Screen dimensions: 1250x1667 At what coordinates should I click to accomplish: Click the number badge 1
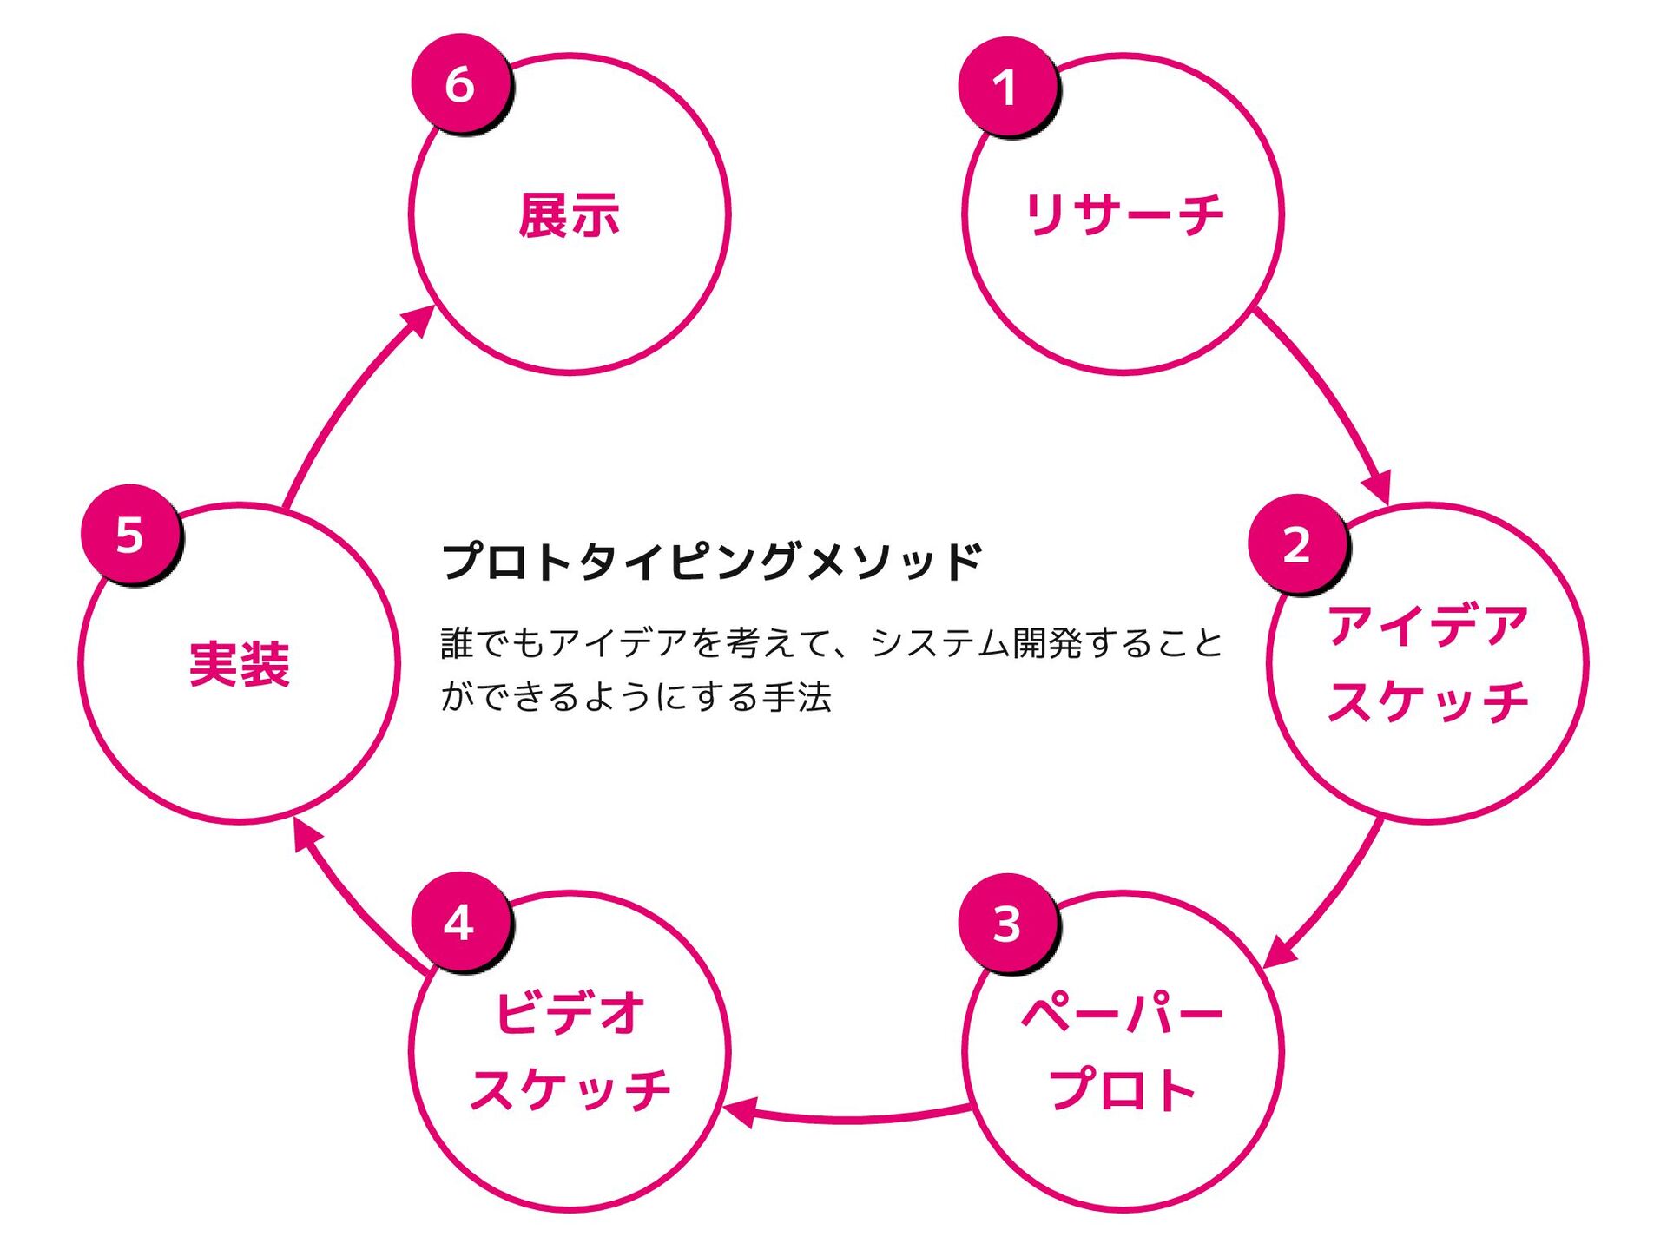click(x=1007, y=86)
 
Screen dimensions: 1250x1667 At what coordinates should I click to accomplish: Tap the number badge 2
click(x=1297, y=544)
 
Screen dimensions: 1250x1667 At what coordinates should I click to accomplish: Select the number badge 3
click(x=1007, y=923)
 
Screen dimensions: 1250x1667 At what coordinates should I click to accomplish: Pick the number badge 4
click(x=460, y=922)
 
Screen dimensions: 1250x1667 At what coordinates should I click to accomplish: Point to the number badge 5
click(x=130, y=535)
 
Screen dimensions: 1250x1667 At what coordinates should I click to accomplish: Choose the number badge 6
click(x=460, y=83)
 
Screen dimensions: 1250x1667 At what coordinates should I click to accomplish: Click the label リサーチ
click(x=1123, y=214)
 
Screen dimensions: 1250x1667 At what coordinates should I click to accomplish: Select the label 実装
click(x=239, y=664)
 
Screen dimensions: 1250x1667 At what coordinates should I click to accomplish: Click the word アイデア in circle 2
click(x=1427, y=626)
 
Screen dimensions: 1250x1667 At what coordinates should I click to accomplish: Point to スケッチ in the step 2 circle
click(x=1427, y=701)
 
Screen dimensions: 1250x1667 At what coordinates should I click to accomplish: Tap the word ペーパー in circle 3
click(x=1123, y=1013)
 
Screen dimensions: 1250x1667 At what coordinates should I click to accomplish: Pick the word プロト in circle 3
click(x=1123, y=1089)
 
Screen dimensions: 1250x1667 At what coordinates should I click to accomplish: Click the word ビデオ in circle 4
click(x=570, y=1013)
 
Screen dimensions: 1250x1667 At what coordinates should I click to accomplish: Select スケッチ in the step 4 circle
click(x=570, y=1089)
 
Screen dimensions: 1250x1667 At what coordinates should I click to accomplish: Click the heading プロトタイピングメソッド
click(x=712, y=561)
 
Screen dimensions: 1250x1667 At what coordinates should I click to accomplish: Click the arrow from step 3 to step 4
click(x=851, y=1117)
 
